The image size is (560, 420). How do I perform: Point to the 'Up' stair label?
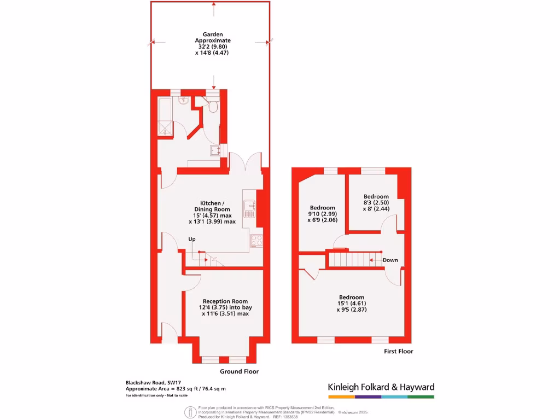[x=192, y=239]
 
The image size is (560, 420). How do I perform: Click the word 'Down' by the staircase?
[x=390, y=260]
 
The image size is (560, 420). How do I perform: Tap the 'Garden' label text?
[x=213, y=34]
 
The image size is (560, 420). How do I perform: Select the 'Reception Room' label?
[x=225, y=301]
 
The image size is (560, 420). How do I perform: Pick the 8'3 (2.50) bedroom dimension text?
[x=376, y=203]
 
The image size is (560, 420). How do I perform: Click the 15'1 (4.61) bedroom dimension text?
[x=351, y=304]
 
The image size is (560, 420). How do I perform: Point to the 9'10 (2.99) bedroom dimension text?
[x=322, y=214]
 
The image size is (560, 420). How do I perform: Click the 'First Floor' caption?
[x=398, y=351]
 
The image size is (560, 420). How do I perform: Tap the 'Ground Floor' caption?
[x=239, y=371]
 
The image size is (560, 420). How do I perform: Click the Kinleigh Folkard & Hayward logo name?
[x=381, y=387]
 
